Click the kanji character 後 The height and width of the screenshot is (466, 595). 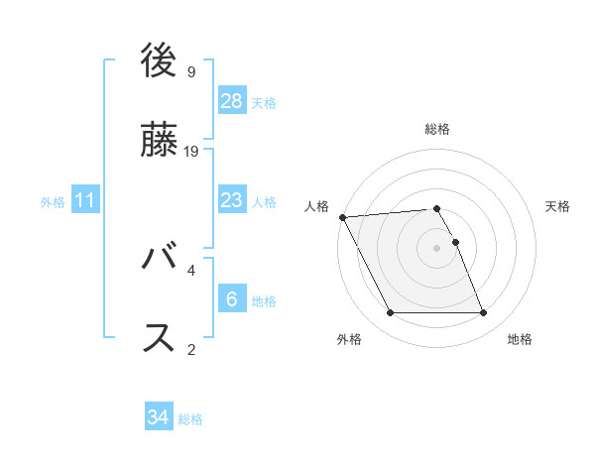[x=160, y=62]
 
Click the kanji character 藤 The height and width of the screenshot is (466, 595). [x=160, y=142]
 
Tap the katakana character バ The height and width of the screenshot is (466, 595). [x=160, y=261]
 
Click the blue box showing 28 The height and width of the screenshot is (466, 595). [x=232, y=101]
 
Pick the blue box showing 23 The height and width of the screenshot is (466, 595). [x=232, y=200]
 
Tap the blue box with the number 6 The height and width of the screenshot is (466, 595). [x=232, y=299]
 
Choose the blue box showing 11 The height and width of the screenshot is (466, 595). [x=85, y=200]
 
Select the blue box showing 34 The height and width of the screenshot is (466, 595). [x=159, y=417]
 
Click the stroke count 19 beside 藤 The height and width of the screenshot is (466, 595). [x=192, y=151]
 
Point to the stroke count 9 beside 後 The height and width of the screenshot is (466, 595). [x=191, y=71]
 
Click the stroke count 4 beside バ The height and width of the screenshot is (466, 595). [x=191, y=270]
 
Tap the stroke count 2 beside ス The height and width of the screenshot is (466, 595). [x=191, y=348]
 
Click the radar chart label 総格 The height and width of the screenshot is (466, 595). [x=437, y=129]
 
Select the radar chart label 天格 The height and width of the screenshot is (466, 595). [x=558, y=206]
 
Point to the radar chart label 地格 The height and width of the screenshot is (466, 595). [x=520, y=339]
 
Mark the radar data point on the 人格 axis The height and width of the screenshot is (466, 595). [x=342, y=217]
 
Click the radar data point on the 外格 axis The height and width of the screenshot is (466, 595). [x=390, y=313]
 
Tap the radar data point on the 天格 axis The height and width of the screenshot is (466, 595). [x=456, y=242]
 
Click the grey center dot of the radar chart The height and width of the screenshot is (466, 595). [x=437, y=248]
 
